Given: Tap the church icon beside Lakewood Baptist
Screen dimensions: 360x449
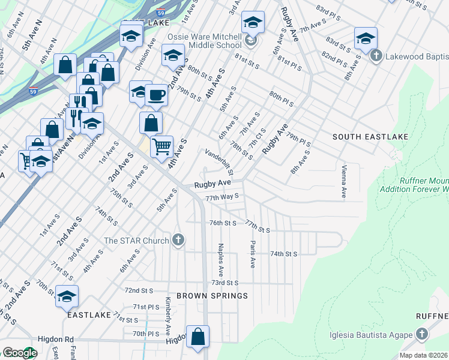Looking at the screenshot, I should click(x=376, y=56).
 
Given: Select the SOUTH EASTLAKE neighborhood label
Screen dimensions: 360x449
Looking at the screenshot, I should click(x=370, y=137).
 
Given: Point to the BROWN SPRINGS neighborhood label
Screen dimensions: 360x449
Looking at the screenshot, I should click(x=203, y=296).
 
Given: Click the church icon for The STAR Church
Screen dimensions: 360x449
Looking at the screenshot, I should click(x=178, y=241).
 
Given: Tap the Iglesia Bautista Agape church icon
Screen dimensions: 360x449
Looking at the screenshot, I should click(x=422, y=334).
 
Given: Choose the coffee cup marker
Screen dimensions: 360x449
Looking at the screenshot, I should click(x=156, y=95).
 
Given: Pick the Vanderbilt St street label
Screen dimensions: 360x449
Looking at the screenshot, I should click(x=220, y=163).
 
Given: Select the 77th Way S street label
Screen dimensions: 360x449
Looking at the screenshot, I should click(x=222, y=196).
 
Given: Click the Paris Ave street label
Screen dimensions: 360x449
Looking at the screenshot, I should click(x=252, y=255).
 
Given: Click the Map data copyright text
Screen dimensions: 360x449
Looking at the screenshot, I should click(x=424, y=355).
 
